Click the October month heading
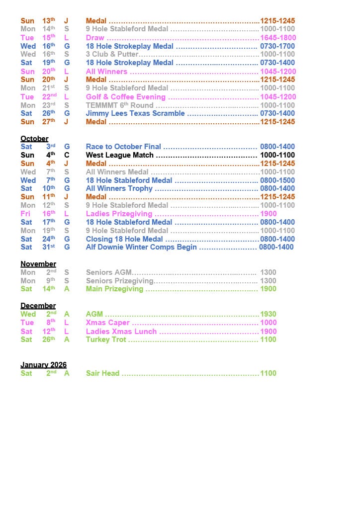pos(34,139)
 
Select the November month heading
pos(38,264)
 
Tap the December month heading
pos(38,306)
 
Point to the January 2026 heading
pos(43,365)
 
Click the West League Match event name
pos(120,155)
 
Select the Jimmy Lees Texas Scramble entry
pos(135,113)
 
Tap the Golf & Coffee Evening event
pos(126,97)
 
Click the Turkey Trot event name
pos(106,339)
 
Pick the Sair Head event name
pos(102,373)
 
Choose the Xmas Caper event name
pos(108,323)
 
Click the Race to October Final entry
pos(123,147)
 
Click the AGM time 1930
pos(268,314)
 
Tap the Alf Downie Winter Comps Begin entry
pos(141,247)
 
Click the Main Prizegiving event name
pos(114,289)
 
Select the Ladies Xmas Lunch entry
pos(121,332)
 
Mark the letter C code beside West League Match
pos(67,155)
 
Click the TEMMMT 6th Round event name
pos(119,105)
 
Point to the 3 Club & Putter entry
pos(112,54)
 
